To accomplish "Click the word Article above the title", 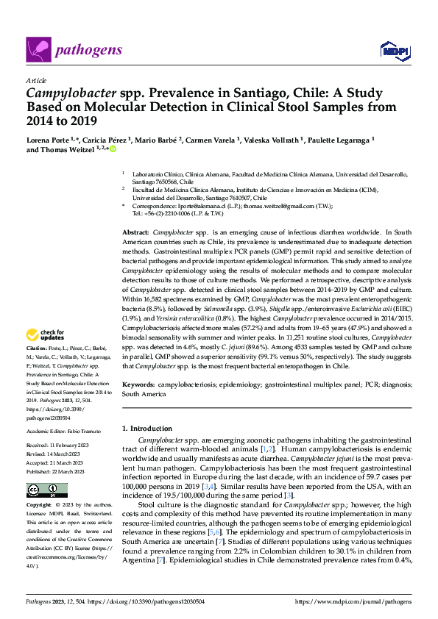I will [36, 80].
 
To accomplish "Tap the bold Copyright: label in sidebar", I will [38, 505].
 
